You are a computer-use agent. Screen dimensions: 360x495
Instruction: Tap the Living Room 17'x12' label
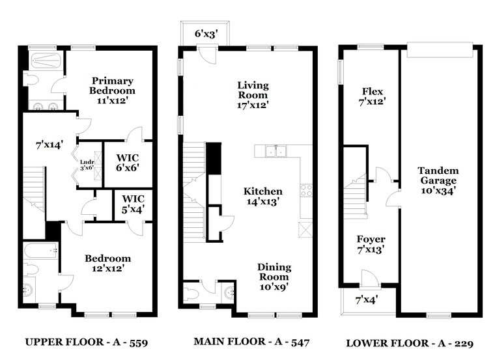(253, 94)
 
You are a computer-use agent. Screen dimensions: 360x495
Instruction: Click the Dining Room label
(274, 277)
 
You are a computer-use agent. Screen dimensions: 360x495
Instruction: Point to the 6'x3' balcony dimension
(204, 33)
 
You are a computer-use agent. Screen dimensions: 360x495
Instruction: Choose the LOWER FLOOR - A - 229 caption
(409, 342)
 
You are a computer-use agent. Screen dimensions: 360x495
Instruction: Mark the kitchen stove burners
(305, 191)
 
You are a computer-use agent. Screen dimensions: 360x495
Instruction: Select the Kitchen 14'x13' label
(263, 197)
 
